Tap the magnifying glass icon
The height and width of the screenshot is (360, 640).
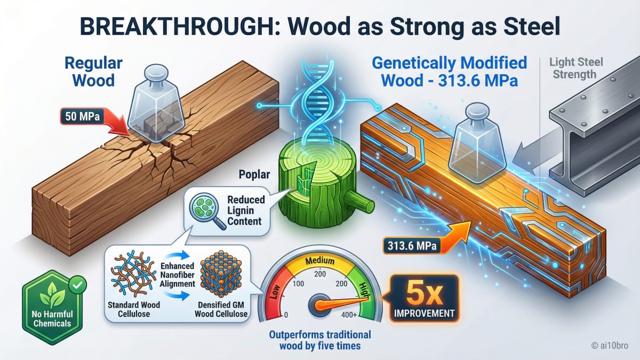(x=203, y=210)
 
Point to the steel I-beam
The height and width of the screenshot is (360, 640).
(x=592, y=133)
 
